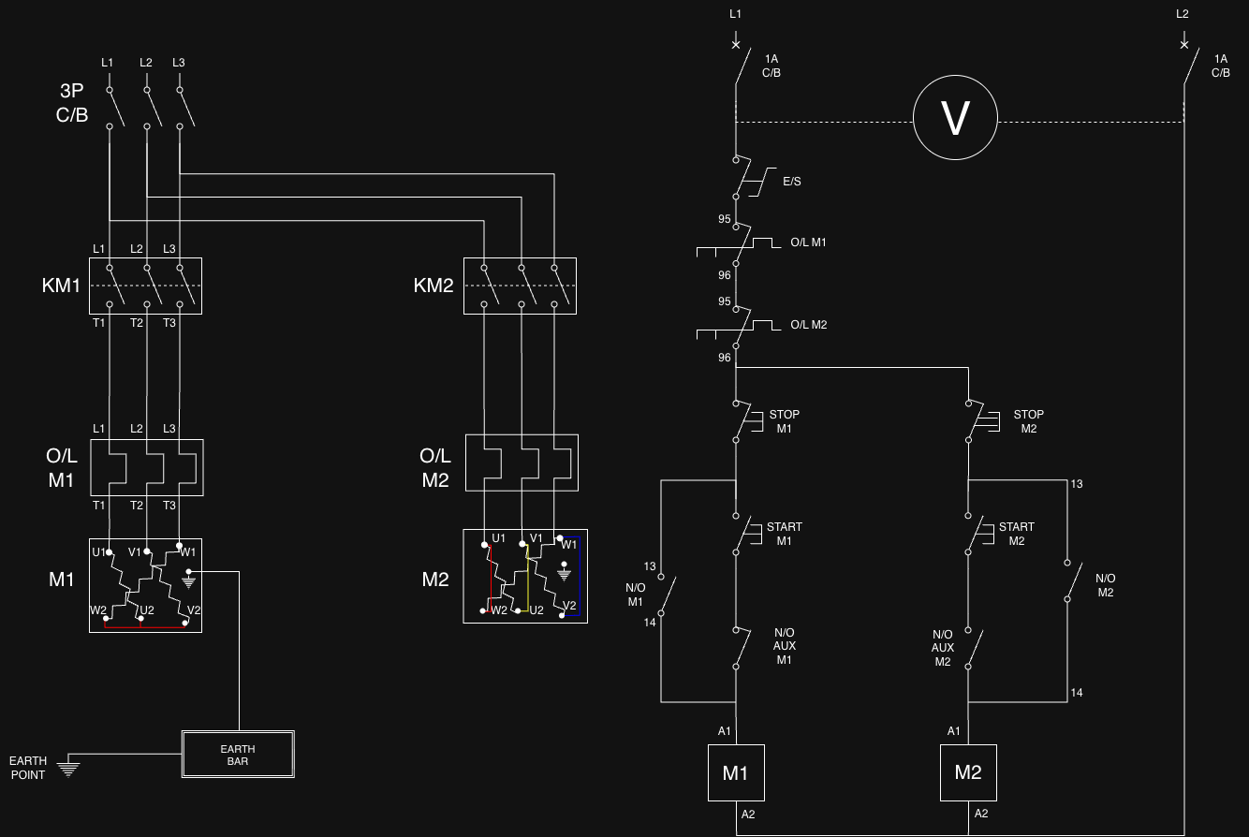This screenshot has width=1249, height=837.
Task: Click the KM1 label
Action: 62,286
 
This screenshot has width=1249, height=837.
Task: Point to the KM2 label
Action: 433,286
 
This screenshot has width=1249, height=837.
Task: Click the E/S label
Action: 792,182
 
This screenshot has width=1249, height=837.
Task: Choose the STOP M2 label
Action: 1029,421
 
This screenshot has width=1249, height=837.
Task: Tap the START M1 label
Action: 784,534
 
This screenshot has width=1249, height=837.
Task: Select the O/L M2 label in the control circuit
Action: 809,325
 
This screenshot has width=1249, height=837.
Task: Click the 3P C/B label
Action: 72,103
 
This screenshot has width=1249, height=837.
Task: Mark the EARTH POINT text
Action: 28,768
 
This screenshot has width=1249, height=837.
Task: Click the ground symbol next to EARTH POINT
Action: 68,767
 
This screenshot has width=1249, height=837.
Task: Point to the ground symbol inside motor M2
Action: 565,572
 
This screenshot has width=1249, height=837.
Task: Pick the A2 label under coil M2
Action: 981,814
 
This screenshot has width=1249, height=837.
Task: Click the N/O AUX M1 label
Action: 784,646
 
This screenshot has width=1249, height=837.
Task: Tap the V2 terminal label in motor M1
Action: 194,609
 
